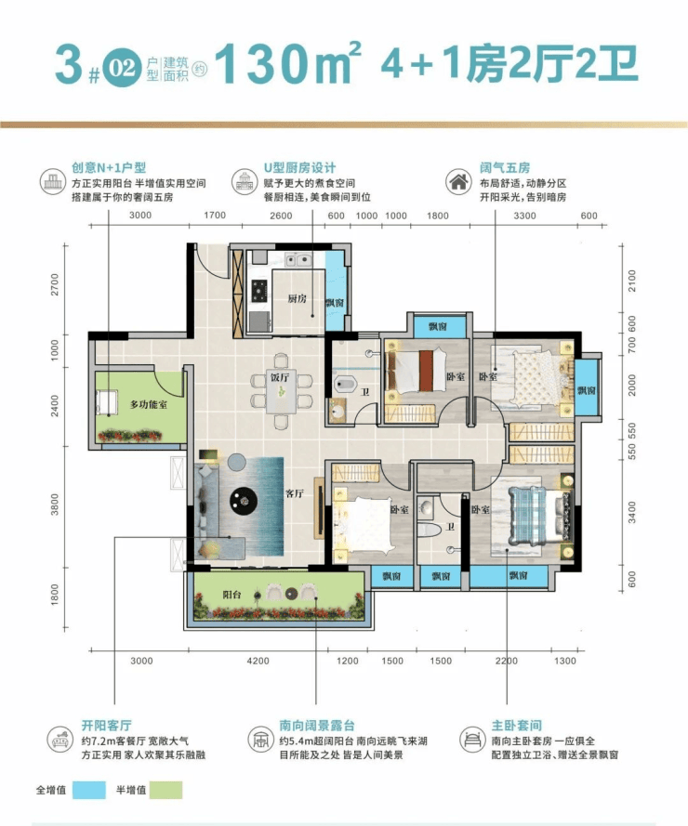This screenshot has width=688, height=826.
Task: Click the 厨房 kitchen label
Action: click(x=297, y=298)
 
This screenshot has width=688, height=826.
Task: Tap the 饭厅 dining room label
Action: click(x=280, y=377)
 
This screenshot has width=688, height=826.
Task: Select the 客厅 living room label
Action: click(x=294, y=493)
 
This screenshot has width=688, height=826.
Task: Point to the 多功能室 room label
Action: click(x=149, y=404)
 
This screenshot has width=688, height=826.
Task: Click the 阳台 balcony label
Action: click(x=232, y=595)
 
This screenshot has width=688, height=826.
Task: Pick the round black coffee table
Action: click(x=244, y=501)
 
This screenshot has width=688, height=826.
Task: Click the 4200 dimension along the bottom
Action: click(x=258, y=662)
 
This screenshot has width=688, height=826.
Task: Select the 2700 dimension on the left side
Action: click(x=55, y=284)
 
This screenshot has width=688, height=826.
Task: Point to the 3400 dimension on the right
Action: click(x=631, y=513)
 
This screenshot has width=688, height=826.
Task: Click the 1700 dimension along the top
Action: click(x=215, y=215)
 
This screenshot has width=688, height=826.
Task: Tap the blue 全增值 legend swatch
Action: click(x=89, y=790)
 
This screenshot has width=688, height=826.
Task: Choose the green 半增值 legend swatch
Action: click(x=165, y=790)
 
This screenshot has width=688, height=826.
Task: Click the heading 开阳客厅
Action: click(x=107, y=726)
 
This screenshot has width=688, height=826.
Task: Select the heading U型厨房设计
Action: click(x=299, y=168)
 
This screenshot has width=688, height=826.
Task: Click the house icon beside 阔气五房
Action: click(x=458, y=182)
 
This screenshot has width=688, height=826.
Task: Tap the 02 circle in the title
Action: click(x=122, y=68)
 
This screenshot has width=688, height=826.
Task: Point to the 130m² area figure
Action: click(x=288, y=63)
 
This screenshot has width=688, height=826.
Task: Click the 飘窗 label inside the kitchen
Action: click(x=335, y=303)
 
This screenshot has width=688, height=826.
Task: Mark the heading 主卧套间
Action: click(x=517, y=726)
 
